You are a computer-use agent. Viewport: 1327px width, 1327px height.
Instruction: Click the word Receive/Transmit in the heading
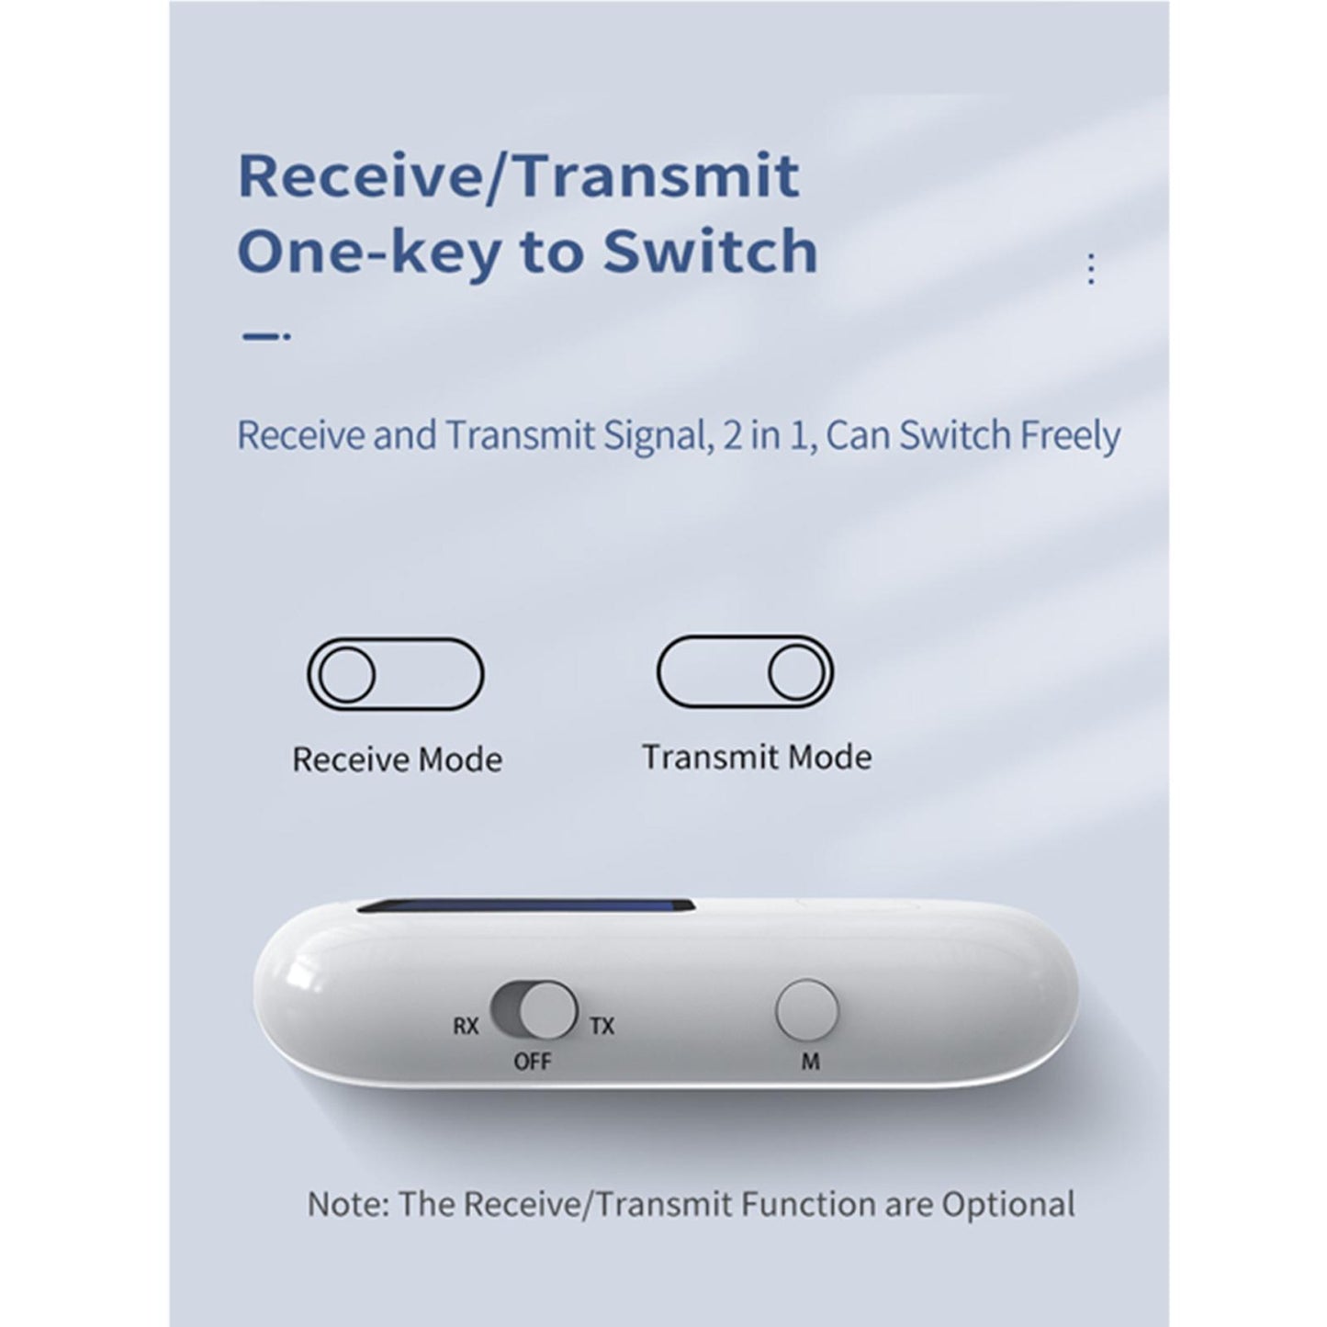pyautogui.click(x=518, y=176)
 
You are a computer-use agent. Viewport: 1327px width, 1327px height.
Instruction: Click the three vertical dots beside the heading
pyautogui.click(x=1090, y=268)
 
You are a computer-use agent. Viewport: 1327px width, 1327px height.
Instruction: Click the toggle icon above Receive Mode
pyautogui.click(x=395, y=674)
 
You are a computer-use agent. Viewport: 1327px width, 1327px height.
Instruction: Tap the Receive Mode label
pyautogui.click(x=397, y=760)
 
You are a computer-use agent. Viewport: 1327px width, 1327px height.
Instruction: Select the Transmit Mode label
pyautogui.click(x=757, y=758)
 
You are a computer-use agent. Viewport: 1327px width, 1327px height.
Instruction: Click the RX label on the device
pyautogui.click(x=467, y=1026)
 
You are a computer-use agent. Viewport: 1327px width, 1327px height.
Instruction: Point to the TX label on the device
pyautogui.click(x=602, y=1026)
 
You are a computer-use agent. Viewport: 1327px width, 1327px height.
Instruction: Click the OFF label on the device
pyautogui.click(x=533, y=1062)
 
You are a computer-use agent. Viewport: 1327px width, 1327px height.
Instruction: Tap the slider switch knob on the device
pyautogui.click(x=548, y=1011)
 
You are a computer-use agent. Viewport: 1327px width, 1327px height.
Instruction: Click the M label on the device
pyautogui.click(x=810, y=1062)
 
